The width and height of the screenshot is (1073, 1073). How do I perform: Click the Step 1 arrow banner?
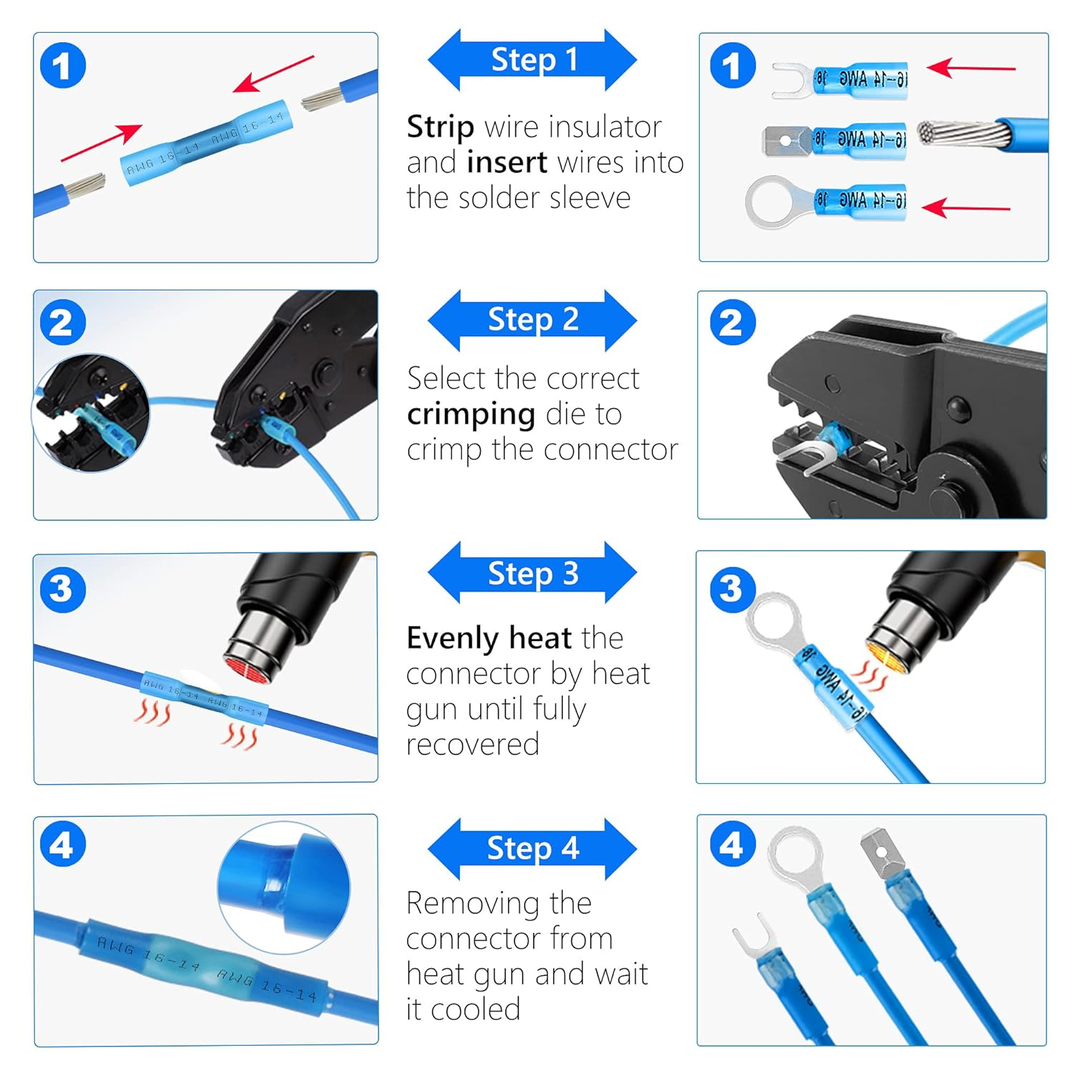[532, 60]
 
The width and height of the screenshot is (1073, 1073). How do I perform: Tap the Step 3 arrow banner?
[532, 573]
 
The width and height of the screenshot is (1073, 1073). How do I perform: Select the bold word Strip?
[440, 127]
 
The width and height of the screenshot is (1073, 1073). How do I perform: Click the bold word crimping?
[471, 414]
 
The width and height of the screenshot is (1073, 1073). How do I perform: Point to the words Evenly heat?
[489, 637]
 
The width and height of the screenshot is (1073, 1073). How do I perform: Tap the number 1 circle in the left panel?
[62, 66]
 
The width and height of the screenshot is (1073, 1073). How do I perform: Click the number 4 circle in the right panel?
[732, 845]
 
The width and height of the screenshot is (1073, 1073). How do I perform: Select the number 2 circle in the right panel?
[732, 322]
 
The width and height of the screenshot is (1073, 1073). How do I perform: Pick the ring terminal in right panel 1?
[776, 202]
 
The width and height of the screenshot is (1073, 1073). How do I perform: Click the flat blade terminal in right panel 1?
[787, 140]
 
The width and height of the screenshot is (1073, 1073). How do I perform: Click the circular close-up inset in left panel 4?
[284, 887]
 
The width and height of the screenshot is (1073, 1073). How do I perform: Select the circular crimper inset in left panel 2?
[92, 413]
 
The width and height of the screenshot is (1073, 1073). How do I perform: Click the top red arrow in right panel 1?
[971, 69]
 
